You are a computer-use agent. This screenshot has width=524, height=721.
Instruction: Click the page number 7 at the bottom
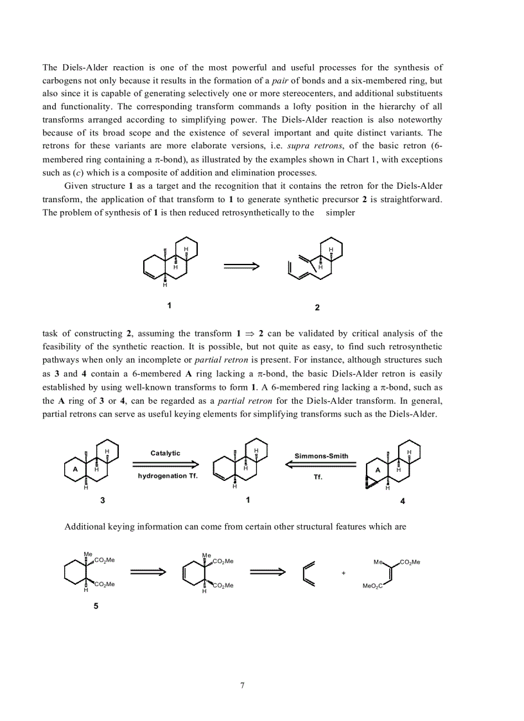[242, 685]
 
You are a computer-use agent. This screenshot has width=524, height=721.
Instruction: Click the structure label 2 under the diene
[317, 308]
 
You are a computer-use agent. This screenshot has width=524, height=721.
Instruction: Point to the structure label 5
[96, 605]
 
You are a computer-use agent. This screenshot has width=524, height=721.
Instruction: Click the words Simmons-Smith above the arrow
[321, 456]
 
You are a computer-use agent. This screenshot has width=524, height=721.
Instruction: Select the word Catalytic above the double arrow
[166, 453]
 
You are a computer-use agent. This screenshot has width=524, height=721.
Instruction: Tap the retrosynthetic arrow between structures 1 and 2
[241, 266]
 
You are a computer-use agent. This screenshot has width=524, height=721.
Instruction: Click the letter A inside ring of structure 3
[76, 469]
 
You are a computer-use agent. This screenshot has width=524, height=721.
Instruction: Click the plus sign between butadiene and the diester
[344, 572]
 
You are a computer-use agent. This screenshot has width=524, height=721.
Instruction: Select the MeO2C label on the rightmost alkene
[372, 586]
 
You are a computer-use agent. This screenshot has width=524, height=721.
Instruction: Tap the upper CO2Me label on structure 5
[105, 560]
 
